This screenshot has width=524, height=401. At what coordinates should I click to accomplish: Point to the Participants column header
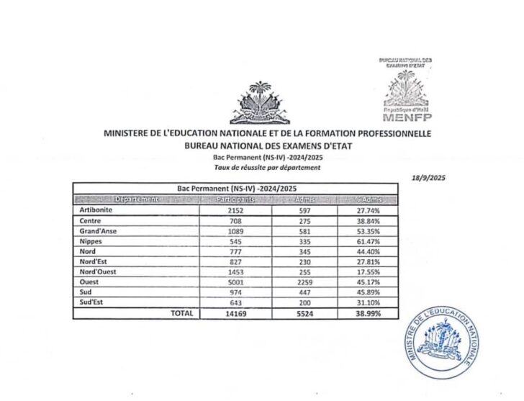(x=235, y=198)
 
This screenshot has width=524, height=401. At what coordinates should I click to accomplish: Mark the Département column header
(x=127, y=198)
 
